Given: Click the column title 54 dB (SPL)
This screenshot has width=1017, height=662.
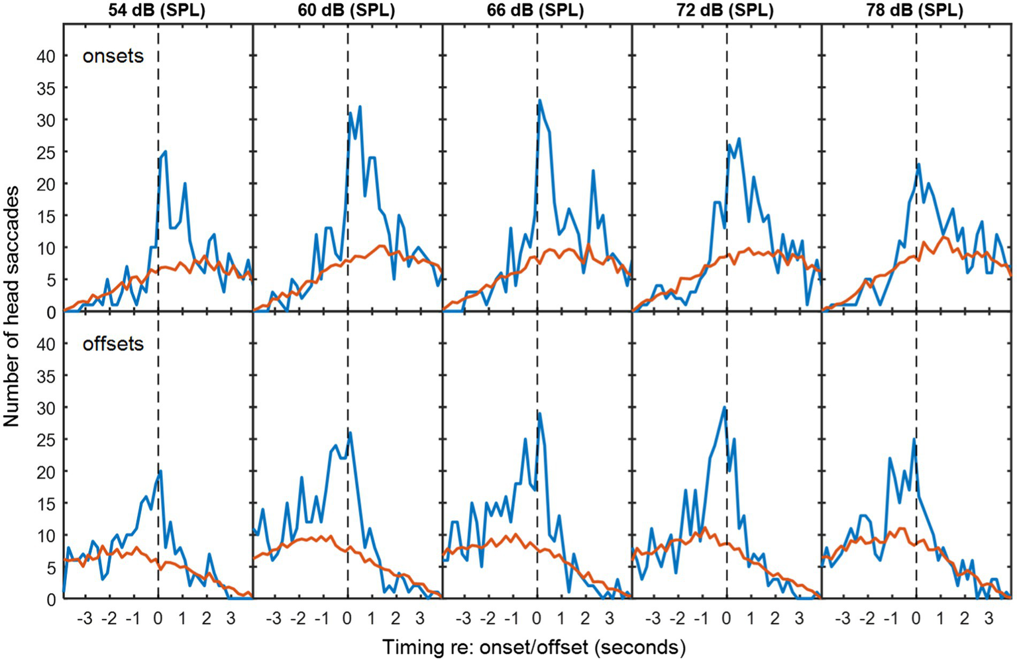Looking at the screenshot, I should point(158,11).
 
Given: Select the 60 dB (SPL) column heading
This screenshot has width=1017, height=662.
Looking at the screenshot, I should point(347,11).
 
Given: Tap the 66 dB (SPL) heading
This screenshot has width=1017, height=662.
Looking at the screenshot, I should point(537,11).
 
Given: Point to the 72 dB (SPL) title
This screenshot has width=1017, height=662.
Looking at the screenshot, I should point(727,11).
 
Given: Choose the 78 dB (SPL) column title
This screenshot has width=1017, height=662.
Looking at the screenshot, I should point(916,11).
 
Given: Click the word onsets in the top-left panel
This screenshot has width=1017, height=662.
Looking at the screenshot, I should point(113,56).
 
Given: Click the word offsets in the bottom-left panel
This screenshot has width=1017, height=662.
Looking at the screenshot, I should point(113,344).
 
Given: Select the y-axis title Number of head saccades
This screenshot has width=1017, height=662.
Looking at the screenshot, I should point(11,307).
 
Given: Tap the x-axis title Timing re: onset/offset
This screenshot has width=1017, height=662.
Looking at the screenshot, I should point(533,647).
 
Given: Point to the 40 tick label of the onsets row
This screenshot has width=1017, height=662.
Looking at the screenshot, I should point(46,56).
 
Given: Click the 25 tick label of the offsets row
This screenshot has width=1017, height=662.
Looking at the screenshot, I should point(46,440).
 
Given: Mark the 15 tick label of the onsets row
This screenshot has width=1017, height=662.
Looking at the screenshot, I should point(46,216).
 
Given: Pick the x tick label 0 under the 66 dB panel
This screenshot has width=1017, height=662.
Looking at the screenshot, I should point(537,620).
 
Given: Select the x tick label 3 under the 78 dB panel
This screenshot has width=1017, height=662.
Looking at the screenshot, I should point(989,620).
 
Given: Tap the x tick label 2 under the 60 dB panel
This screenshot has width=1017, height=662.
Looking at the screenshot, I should point(396,620).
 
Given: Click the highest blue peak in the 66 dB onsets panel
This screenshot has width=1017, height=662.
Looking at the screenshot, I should point(540,101).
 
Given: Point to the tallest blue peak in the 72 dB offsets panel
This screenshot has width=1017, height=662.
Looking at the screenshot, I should point(725,407).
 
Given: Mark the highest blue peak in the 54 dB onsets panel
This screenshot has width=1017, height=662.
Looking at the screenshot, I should point(165,152).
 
